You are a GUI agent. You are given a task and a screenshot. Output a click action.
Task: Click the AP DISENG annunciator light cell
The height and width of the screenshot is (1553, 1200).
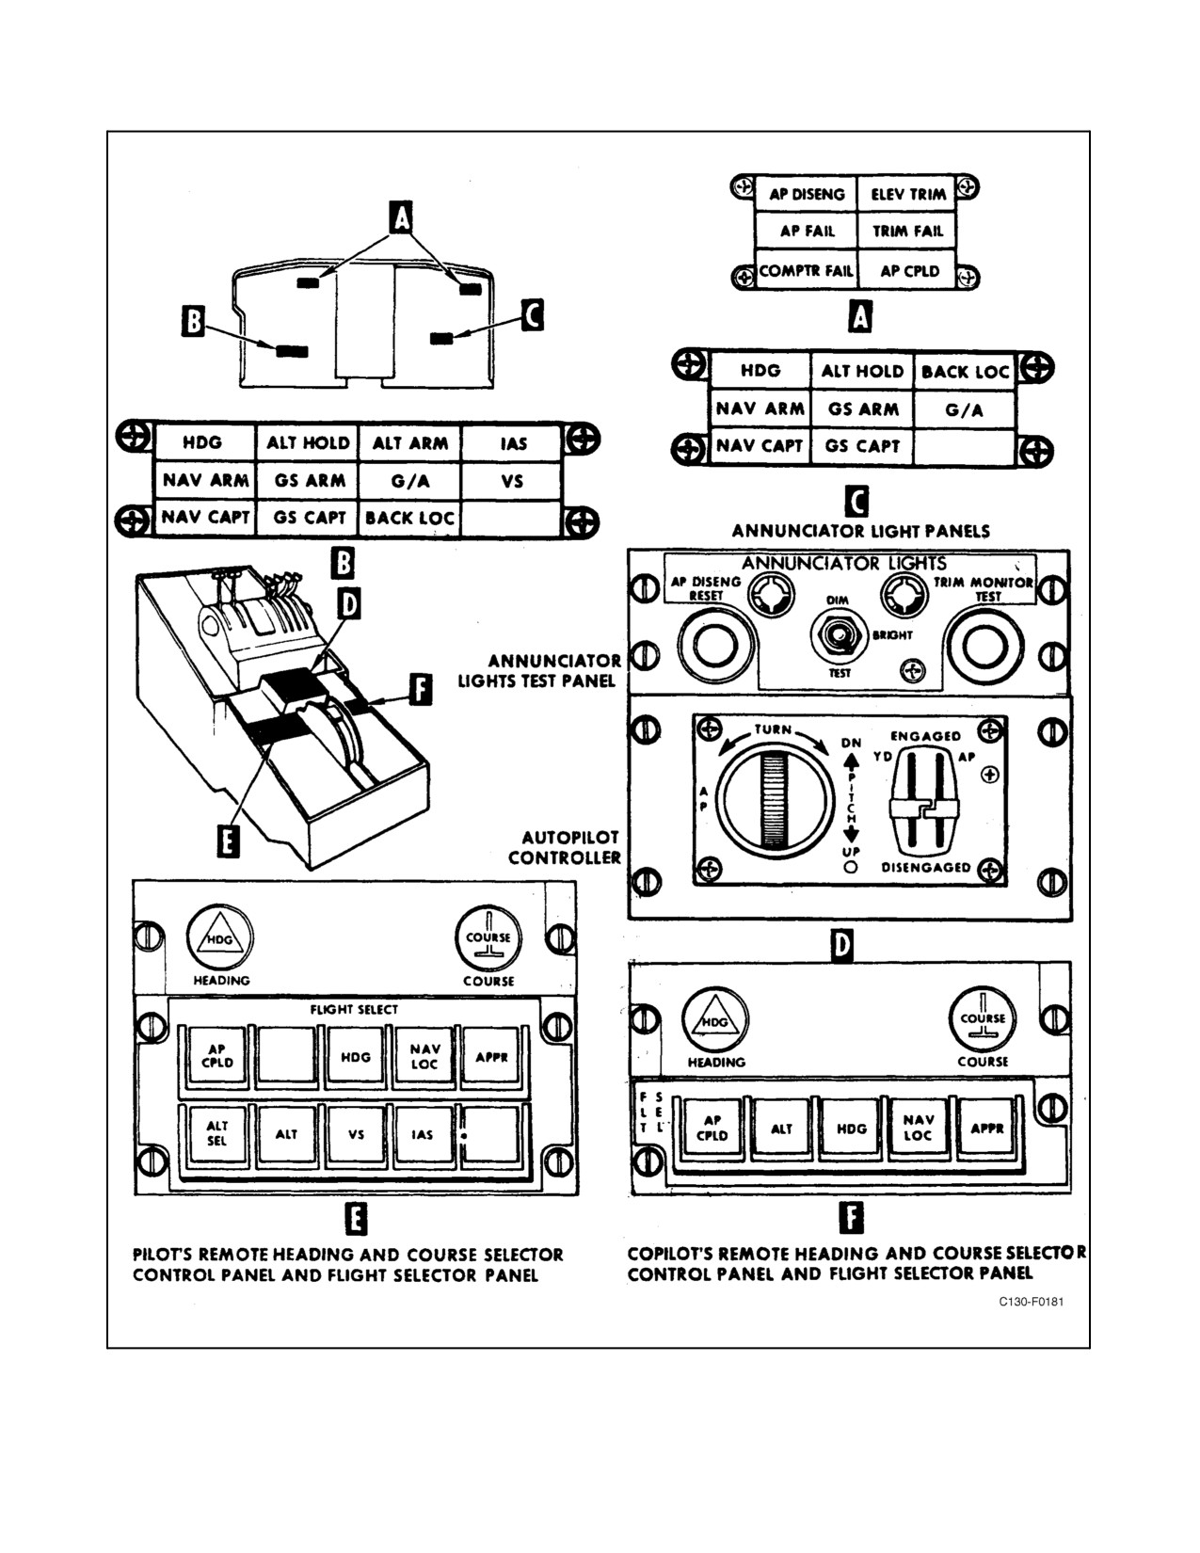(x=807, y=194)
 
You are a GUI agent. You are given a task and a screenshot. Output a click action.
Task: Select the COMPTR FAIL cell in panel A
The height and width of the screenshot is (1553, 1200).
(x=807, y=270)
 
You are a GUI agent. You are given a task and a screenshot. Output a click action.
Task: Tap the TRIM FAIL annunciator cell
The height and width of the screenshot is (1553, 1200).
(x=907, y=231)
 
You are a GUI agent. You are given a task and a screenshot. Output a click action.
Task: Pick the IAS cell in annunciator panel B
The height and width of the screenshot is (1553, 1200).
(x=512, y=444)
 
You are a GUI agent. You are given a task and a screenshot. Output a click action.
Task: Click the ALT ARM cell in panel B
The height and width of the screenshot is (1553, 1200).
(x=410, y=443)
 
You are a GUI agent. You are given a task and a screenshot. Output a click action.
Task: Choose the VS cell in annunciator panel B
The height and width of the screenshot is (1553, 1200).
(x=512, y=481)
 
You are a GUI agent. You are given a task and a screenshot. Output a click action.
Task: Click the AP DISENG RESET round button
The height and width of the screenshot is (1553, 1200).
(x=715, y=646)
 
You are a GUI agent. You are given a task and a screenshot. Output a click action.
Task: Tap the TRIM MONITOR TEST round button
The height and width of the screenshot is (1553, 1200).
(x=984, y=646)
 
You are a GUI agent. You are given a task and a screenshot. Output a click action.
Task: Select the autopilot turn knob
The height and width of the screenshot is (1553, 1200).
(x=775, y=799)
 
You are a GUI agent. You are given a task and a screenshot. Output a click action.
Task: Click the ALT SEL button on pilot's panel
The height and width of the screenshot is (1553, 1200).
(x=216, y=1133)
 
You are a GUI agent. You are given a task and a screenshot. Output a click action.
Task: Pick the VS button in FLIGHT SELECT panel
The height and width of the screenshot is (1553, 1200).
(x=356, y=1133)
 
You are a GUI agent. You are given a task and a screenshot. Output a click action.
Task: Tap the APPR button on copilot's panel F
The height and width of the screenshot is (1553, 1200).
(x=987, y=1129)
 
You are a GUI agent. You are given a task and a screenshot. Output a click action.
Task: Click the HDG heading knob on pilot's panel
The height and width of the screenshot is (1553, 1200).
(x=220, y=937)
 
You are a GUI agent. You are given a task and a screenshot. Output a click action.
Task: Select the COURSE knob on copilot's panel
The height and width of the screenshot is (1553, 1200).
(x=983, y=1018)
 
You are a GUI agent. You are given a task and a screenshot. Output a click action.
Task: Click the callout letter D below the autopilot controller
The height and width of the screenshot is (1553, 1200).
(x=843, y=946)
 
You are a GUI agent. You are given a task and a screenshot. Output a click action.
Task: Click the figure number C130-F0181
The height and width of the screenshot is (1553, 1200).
(x=1032, y=1302)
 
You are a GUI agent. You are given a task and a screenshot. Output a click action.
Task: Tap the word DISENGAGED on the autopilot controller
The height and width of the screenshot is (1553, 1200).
(x=925, y=867)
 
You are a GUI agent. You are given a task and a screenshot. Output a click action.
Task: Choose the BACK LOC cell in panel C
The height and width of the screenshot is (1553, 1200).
(x=965, y=372)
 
